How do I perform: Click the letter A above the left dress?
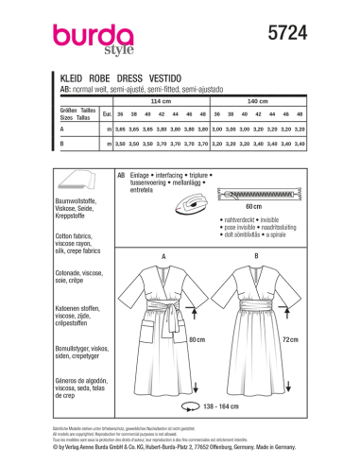(x=164, y=229)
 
